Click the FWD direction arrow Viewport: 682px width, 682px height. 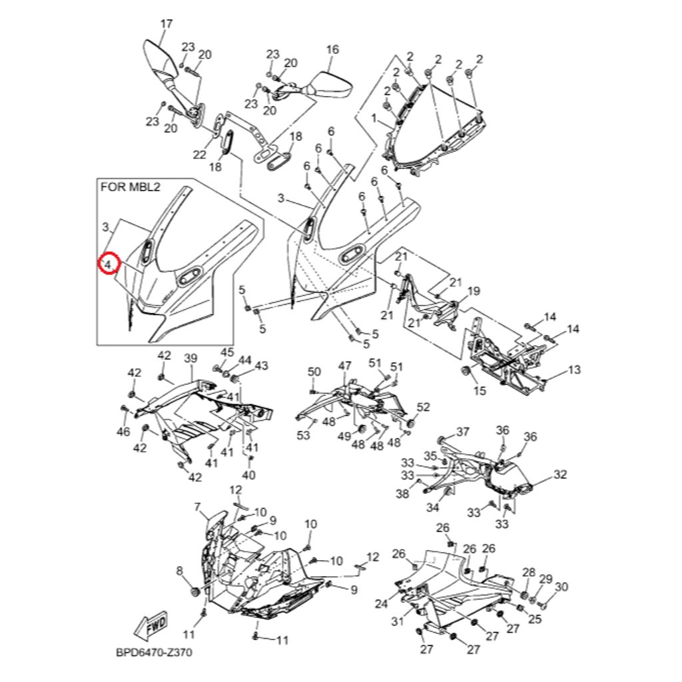click(151, 625)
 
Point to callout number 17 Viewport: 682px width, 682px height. click(167, 24)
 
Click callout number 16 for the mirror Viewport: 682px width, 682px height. click(332, 49)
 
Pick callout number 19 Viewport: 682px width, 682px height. click(474, 290)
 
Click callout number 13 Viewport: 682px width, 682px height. click(574, 370)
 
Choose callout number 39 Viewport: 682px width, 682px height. click(191, 359)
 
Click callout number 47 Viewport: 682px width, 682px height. click(344, 366)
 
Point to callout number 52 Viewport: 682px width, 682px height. click(424, 408)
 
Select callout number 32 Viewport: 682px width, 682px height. click(560, 475)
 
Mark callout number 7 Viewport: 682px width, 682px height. click(197, 508)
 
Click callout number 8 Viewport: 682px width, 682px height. click(178, 570)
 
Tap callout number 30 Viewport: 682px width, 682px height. click(561, 587)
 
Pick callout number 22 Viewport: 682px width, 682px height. click(200, 155)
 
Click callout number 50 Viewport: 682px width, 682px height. click(314, 371)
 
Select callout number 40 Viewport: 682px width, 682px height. click(248, 476)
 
